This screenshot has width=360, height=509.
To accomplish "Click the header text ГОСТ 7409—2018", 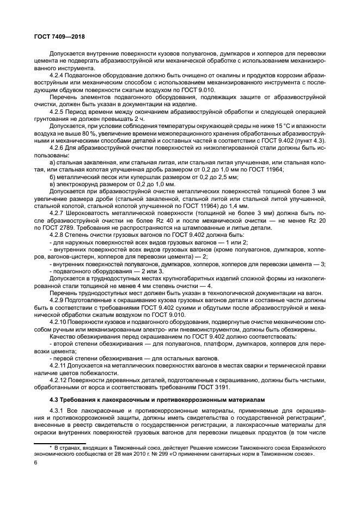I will point(58,36).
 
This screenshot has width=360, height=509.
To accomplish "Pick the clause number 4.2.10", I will point(60,323).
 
